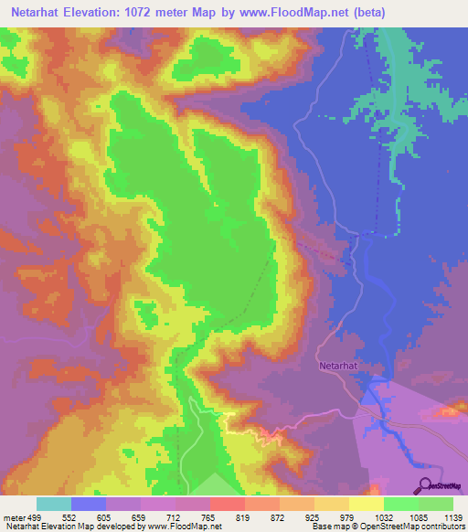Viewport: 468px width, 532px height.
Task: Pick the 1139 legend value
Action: [453, 516]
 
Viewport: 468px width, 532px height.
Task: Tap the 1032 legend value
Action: [384, 516]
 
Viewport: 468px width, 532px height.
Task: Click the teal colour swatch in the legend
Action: [54, 504]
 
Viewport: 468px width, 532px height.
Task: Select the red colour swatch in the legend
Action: [228, 504]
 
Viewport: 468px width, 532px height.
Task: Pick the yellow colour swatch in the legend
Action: [367, 504]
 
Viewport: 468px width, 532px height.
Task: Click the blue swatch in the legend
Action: [89, 504]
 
